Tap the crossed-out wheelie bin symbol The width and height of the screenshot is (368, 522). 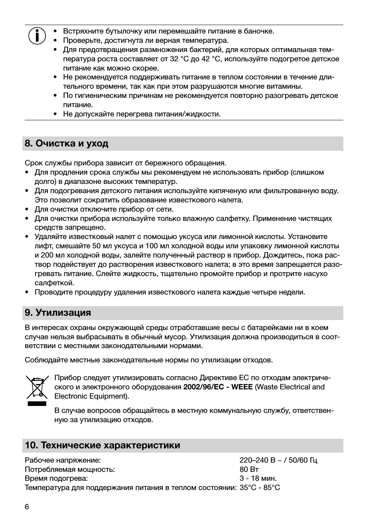[x=37, y=387]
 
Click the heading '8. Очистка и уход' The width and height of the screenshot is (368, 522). [x=66, y=143]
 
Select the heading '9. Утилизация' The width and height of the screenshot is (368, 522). [x=58, y=313]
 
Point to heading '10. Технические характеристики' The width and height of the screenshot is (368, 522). [x=102, y=445]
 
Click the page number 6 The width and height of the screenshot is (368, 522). [x=27, y=507]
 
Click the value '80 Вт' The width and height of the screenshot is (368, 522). [x=249, y=469]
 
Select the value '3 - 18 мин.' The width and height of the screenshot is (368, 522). [x=258, y=478]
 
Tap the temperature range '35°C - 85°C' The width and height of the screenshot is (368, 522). [x=260, y=488]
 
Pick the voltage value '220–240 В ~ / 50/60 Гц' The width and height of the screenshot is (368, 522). [x=278, y=460]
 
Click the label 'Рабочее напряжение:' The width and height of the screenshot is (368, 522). [x=62, y=460]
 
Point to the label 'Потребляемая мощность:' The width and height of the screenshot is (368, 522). [x=69, y=469]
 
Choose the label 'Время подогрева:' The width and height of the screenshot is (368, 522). [x=56, y=478]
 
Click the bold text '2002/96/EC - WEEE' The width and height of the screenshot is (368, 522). [x=218, y=387]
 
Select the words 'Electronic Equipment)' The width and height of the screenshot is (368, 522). [x=91, y=396]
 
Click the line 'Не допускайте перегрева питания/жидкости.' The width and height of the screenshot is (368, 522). [x=142, y=114]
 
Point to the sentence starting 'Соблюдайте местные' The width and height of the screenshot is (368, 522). [x=149, y=360]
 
